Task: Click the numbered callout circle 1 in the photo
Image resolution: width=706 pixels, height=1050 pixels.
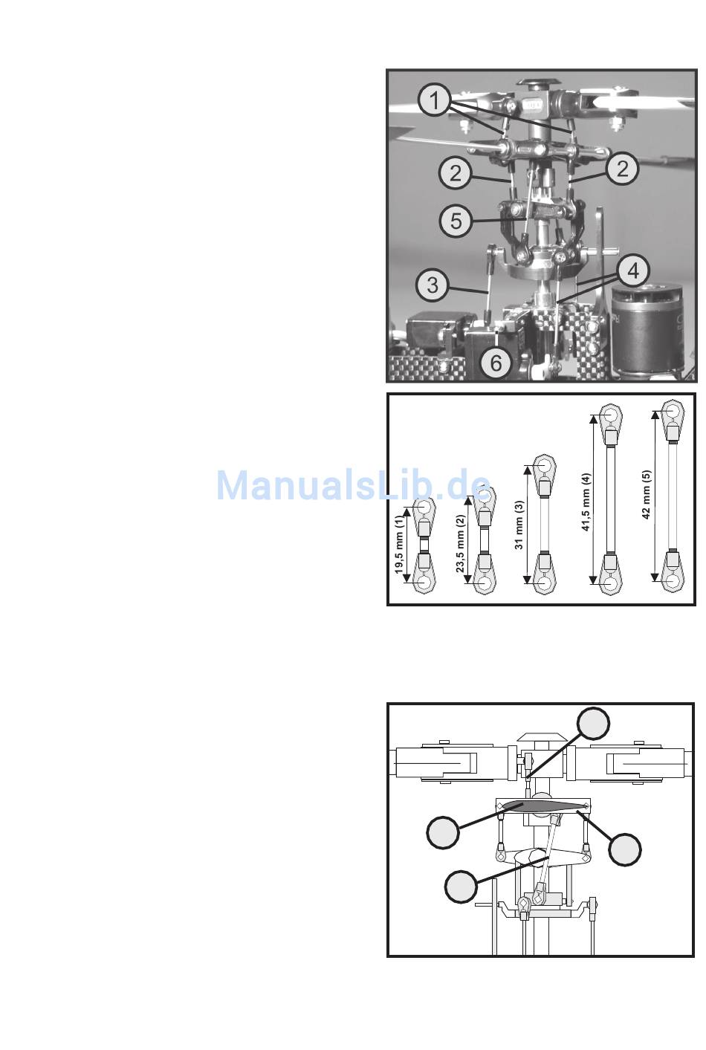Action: (435, 101)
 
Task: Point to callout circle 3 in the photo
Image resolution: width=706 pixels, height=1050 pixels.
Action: (433, 285)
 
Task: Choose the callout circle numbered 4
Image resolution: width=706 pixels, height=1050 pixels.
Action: (633, 270)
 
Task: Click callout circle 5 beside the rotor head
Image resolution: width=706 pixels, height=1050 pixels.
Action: (456, 221)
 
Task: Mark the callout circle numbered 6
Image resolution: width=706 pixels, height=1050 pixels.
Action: (496, 363)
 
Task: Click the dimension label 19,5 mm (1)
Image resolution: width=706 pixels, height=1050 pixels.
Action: (399, 544)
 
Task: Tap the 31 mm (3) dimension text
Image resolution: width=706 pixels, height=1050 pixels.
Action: (519, 525)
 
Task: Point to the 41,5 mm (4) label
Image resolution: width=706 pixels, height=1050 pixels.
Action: (586, 502)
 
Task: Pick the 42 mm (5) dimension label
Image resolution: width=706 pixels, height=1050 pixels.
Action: (647, 495)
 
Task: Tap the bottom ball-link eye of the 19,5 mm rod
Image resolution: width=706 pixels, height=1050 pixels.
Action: (425, 580)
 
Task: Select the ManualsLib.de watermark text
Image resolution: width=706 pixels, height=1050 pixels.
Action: (354, 486)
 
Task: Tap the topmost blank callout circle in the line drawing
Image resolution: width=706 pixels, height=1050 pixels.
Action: (593, 724)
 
